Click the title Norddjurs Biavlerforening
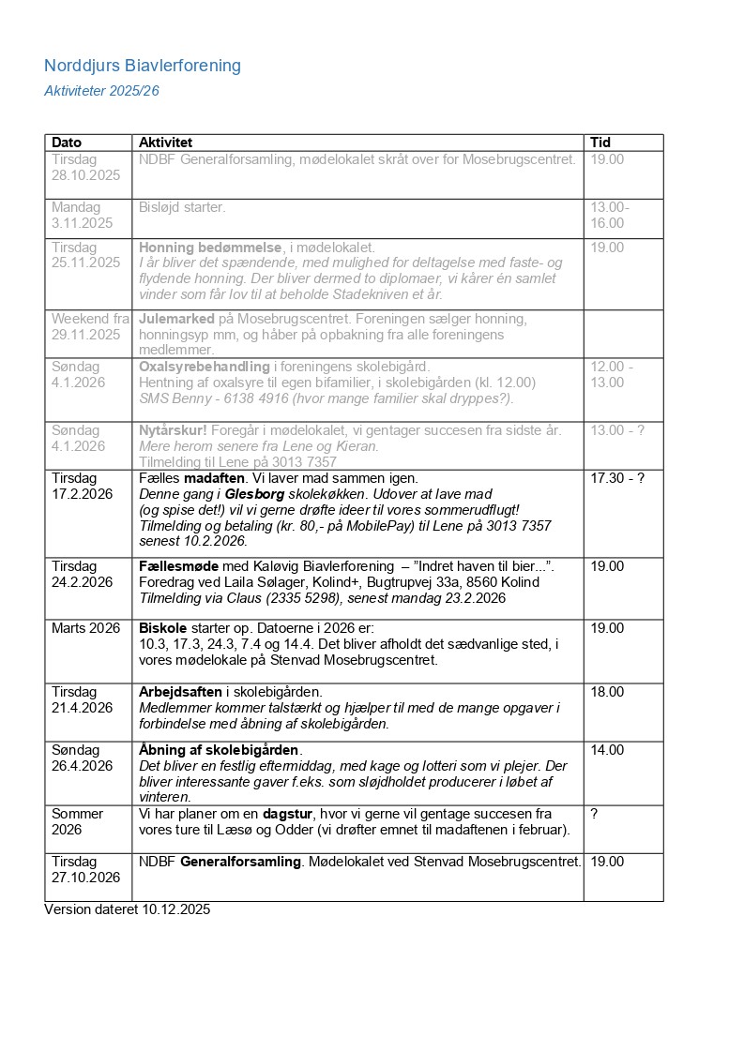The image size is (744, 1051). [x=143, y=66]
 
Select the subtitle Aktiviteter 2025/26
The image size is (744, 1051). [x=101, y=91]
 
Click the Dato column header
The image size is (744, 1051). [x=67, y=143]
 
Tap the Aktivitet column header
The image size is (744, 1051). [x=165, y=143]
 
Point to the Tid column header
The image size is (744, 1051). [x=600, y=143]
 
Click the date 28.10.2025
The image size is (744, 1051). [x=86, y=175]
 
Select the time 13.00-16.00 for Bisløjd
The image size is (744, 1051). [x=609, y=215]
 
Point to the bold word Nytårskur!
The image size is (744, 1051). [x=173, y=430]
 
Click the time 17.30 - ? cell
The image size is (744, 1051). [x=617, y=478]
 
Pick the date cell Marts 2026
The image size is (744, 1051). [x=86, y=628]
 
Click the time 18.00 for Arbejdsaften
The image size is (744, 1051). [x=606, y=692]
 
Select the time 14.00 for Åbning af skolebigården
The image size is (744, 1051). [x=606, y=750]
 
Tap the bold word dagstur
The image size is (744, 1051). [x=288, y=814]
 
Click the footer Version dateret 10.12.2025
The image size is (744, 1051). [x=127, y=909]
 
